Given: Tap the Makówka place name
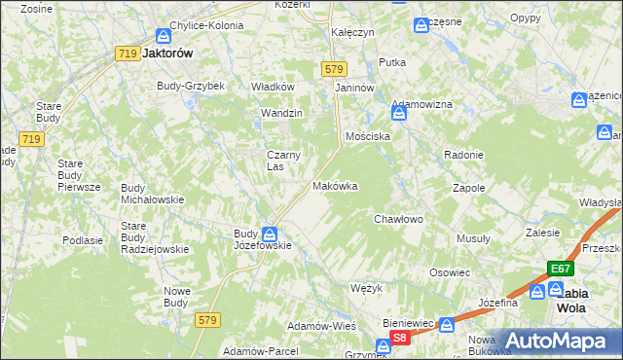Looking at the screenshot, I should point(335,186).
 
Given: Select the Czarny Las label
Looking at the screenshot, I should point(283,161).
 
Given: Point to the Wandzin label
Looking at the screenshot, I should point(281,113).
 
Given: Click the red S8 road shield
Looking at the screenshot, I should point(399,338).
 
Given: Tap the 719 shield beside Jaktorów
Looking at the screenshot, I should point(126,54).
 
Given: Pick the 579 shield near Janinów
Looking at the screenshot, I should point(333,68).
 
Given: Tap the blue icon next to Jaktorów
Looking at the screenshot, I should point(164,35).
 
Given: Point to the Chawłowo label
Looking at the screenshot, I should point(399,220).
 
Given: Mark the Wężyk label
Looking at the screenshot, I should point(364,289).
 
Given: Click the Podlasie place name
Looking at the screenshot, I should point(83,240).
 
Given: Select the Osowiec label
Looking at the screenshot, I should point(450,272).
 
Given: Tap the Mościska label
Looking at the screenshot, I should point(368,136).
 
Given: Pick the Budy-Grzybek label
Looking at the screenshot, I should point(191,86).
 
